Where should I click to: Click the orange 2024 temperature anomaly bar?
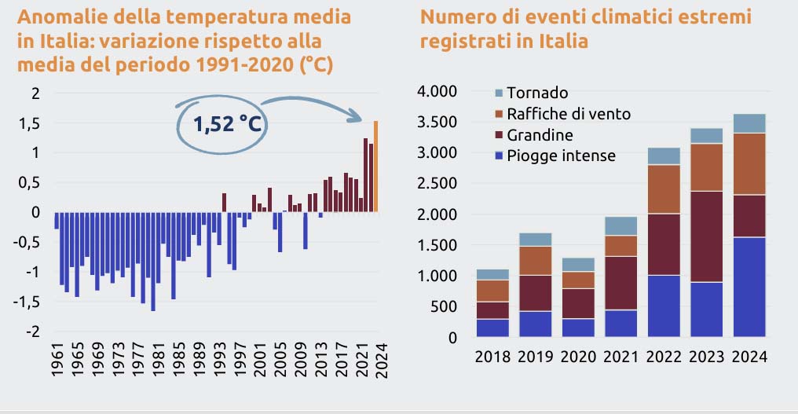click(375, 166)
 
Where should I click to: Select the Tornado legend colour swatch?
click(498, 93)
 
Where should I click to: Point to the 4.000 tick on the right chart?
click(435, 92)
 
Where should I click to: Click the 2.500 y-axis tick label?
click(435, 184)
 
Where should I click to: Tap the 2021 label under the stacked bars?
click(620, 358)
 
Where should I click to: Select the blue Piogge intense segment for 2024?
click(749, 287)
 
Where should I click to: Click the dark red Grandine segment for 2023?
click(706, 236)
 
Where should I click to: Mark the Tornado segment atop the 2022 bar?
click(663, 156)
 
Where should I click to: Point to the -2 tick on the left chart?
click(33, 332)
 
